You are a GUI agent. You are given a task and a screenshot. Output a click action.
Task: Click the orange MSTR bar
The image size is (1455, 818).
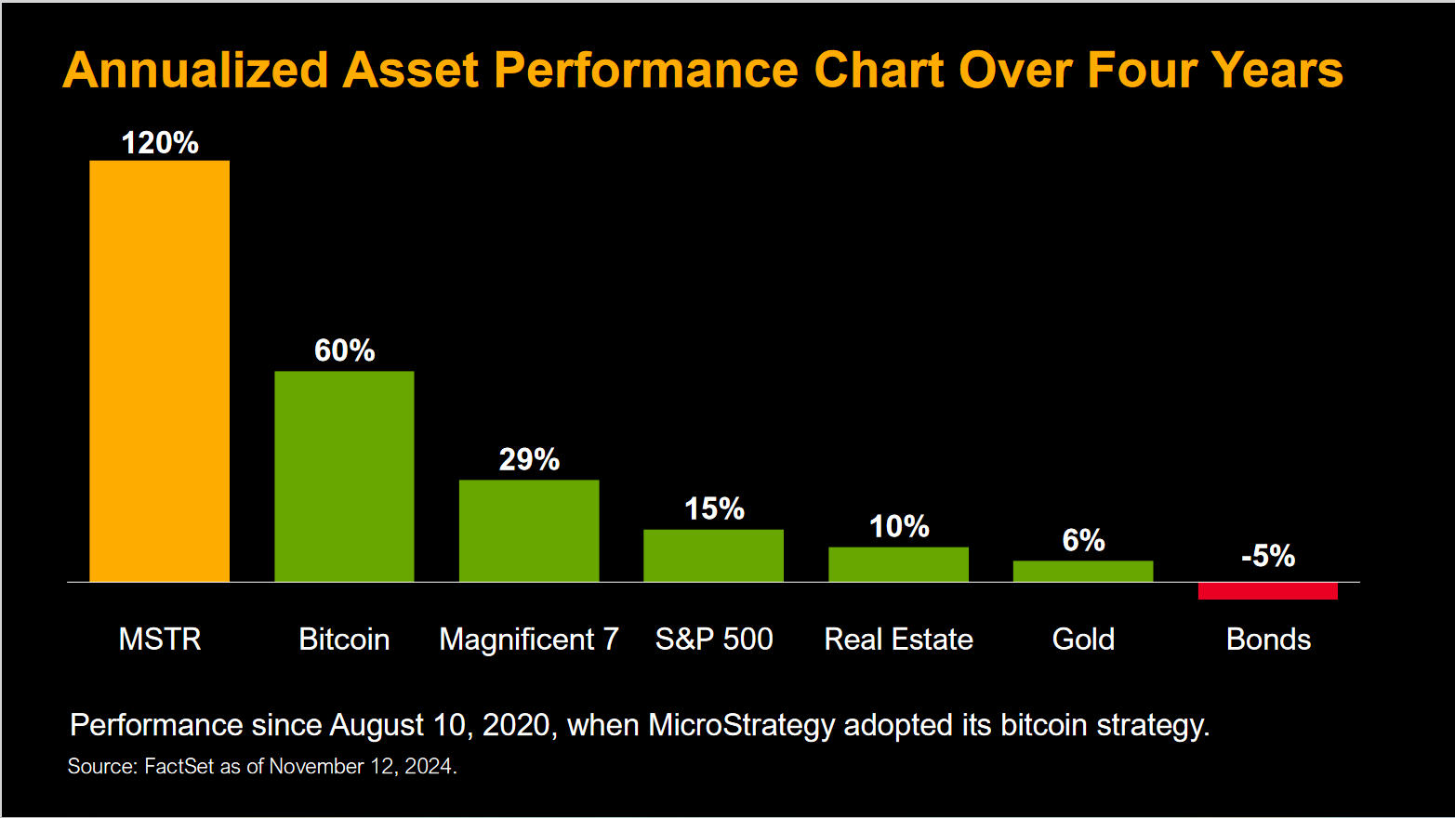(159, 372)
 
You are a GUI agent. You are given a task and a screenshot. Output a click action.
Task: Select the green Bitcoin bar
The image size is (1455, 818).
(344, 476)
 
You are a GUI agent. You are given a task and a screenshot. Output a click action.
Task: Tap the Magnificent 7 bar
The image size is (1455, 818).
(529, 531)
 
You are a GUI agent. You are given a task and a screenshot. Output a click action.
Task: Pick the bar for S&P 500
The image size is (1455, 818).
(713, 556)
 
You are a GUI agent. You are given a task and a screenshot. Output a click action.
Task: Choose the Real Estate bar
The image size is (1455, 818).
(898, 564)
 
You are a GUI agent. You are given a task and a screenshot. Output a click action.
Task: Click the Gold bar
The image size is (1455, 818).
(1083, 571)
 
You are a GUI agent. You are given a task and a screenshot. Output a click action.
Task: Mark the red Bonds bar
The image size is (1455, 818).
(1267, 591)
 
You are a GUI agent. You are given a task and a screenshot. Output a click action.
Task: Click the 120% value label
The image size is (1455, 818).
(160, 143)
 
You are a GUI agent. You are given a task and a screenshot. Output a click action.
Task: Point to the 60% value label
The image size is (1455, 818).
(344, 350)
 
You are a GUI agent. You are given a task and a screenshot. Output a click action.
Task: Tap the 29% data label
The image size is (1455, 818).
(529, 459)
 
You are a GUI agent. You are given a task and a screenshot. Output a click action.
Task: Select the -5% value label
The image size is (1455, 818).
(1268, 556)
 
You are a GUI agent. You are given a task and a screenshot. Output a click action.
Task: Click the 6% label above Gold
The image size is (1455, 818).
(1083, 540)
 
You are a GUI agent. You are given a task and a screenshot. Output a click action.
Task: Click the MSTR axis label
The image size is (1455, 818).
(160, 640)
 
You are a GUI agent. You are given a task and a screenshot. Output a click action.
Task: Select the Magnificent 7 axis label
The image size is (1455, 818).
(529, 640)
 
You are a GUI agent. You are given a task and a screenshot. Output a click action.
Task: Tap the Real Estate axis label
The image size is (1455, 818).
(898, 640)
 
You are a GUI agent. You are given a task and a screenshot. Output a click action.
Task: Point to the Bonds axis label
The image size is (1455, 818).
(1268, 640)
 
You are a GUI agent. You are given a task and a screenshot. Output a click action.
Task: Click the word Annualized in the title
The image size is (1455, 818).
(196, 71)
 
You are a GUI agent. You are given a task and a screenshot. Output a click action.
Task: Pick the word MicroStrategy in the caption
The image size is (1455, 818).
(741, 725)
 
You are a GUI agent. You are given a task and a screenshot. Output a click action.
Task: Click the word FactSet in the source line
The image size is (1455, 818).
(179, 767)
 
